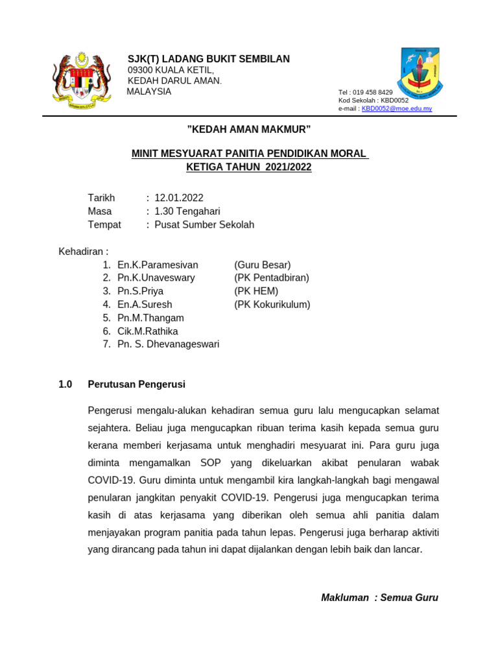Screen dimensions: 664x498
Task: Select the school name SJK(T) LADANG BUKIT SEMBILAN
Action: [x=209, y=59]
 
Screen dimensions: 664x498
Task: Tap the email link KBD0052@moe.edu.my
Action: [x=396, y=108]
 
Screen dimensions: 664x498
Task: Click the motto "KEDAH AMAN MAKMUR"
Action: [x=249, y=129]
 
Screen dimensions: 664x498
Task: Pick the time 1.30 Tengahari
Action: [x=187, y=211]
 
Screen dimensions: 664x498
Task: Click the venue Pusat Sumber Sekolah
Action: [x=204, y=225]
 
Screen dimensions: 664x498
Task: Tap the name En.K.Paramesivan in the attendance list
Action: [x=158, y=265]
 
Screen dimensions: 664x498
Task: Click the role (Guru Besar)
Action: [x=263, y=265]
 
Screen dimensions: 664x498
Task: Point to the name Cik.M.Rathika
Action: [x=148, y=331]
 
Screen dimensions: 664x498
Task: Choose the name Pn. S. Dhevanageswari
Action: [x=169, y=344]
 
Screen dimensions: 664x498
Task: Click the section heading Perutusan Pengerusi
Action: [x=136, y=384]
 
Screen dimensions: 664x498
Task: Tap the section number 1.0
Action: [x=65, y=384]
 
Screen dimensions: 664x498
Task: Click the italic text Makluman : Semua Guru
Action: [x=379, y=597]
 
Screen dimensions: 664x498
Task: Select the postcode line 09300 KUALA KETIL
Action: [x=171, y=70]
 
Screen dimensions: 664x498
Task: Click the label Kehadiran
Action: [x=83, y=251]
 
